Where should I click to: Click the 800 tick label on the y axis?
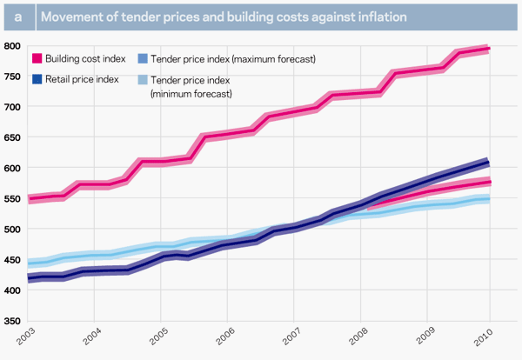[x=12, y=46]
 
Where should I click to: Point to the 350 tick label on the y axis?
[x=12, y=321]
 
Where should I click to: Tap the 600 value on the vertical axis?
[x=12, y=168]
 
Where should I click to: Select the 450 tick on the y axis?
[x=12, y=259]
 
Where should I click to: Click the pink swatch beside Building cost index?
[x=37, y=59]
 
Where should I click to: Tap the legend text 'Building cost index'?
[x=85, y=59]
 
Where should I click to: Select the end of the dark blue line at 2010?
[x=489, y=163]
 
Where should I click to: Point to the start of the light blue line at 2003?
[x=30, y=263]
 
